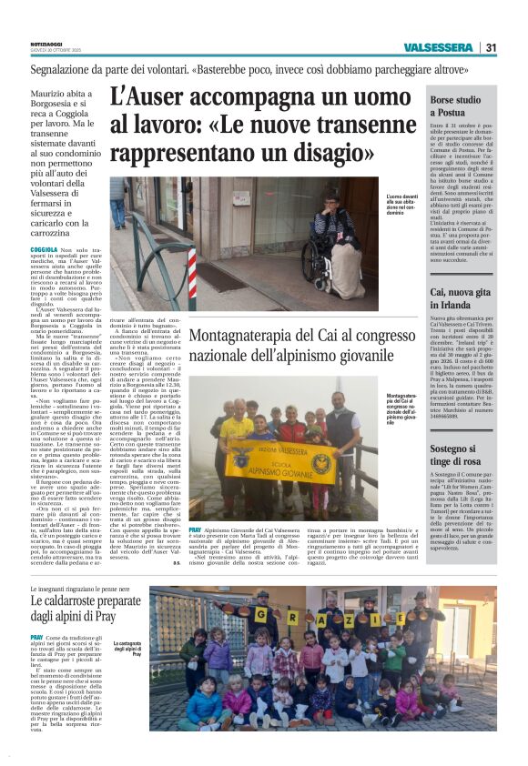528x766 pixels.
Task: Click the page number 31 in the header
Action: pos(491,48)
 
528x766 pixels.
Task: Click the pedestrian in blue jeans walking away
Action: pos(119,206)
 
